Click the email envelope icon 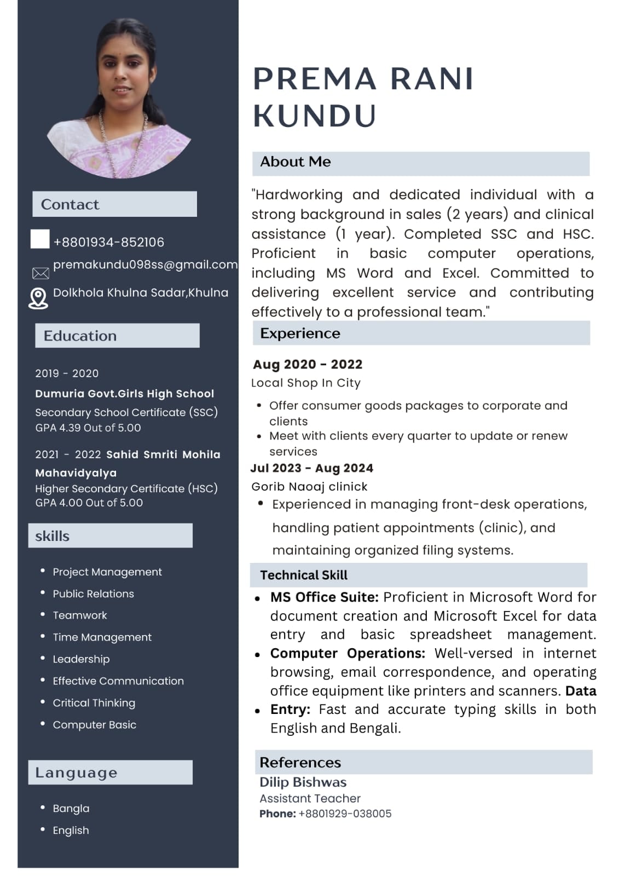41,273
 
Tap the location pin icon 38,298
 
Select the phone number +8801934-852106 109,242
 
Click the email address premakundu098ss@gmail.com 145,264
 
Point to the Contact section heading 70,204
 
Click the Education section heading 80,336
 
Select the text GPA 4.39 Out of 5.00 88,428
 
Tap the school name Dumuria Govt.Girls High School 124,394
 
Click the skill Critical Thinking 94,702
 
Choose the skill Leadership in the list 81,659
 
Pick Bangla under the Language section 71,808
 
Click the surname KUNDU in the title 315,116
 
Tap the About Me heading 296,162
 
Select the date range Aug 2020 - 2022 308,364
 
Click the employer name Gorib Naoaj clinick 309,486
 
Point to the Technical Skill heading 304,575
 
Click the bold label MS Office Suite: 324,597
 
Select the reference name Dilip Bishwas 303,782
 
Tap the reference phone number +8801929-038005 345,814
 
